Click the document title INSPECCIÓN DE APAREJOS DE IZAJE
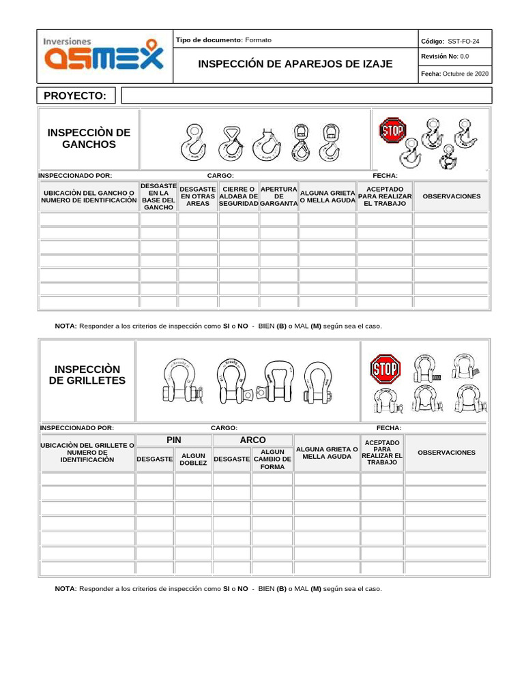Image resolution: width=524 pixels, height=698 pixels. click(x=295, y=64)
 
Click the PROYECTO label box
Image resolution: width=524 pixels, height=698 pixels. click(x=75, y=96)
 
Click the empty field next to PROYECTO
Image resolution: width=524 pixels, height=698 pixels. click(x=305, y=96)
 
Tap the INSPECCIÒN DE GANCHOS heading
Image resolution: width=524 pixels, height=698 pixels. click(x=89, y=138)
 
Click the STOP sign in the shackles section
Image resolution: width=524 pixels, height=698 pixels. click(x=385, y=370)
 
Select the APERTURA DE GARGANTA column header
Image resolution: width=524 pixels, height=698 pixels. click(x=278, y=196)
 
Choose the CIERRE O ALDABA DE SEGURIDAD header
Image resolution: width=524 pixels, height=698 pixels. click(x=239, y=196)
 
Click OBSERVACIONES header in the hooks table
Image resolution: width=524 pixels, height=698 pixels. click(x=451, y=196)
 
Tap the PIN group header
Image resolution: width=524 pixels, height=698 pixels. click(x=174, y=440)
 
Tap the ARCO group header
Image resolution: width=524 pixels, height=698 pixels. click(x=252, y=440)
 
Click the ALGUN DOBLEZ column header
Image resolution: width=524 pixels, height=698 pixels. click(x=193, y=459)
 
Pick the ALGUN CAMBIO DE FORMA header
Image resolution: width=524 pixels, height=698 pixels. click(x=272, y=459)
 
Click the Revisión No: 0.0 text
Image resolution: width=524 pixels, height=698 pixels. click(x=445, y=57)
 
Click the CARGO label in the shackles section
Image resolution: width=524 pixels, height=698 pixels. click(x=224, y=428)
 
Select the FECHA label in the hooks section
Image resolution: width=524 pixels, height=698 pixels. click(x=385, y=176)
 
